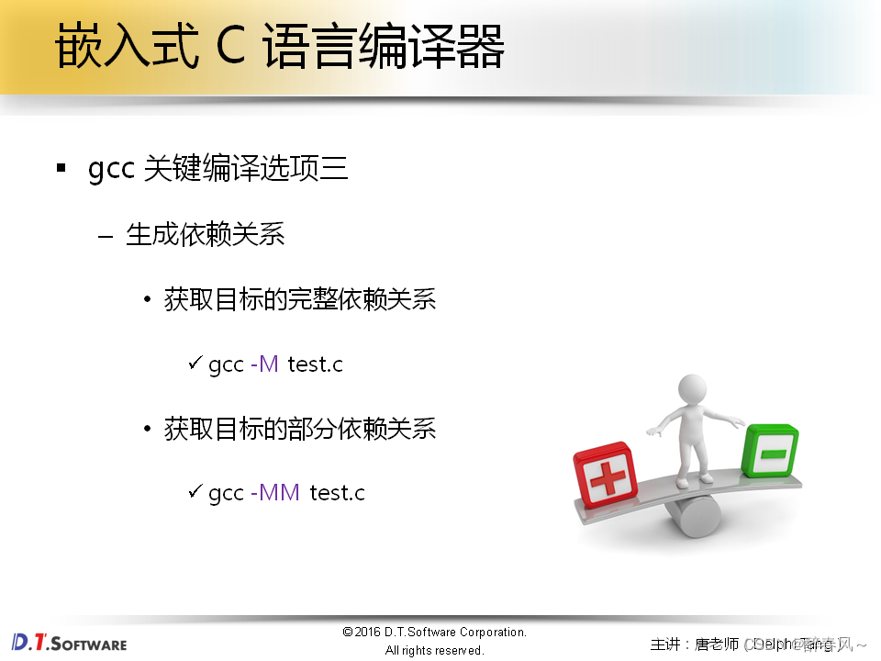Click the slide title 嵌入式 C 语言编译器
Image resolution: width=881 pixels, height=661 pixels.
coord(280,48)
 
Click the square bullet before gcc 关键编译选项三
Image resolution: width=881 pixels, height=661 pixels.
coord(61,169)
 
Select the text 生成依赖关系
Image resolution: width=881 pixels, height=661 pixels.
coord(205,235)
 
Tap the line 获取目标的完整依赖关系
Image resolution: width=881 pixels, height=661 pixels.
coord(299,300)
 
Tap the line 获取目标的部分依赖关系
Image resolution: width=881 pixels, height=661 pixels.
coord(299,429)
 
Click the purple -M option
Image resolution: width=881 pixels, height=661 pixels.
coord(264,364)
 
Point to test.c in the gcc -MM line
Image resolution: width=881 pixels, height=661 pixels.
coord(337,493)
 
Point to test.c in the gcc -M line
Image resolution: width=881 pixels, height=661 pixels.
coord(315,364)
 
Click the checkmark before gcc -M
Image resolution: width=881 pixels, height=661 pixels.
coord(195,364)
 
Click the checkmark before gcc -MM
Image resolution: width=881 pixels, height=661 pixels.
coord(195,492)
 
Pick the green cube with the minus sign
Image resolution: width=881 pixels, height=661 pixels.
coord(769,451)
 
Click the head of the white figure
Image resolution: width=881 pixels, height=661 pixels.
coord(692,389)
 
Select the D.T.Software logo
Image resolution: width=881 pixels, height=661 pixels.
coord(70,642)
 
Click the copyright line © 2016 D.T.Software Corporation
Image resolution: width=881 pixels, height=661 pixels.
coord(434,633)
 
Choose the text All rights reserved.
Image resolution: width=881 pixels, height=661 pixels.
coord(434,651)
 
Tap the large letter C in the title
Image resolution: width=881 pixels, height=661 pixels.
coord(230,48)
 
